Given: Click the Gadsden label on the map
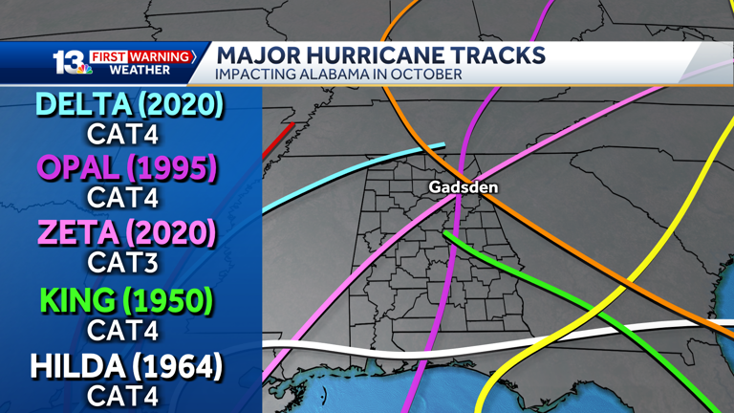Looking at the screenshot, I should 463,187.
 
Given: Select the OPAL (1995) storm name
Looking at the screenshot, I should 126,168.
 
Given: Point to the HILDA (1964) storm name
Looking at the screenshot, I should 126,366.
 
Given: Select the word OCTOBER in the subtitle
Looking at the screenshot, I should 429,74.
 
